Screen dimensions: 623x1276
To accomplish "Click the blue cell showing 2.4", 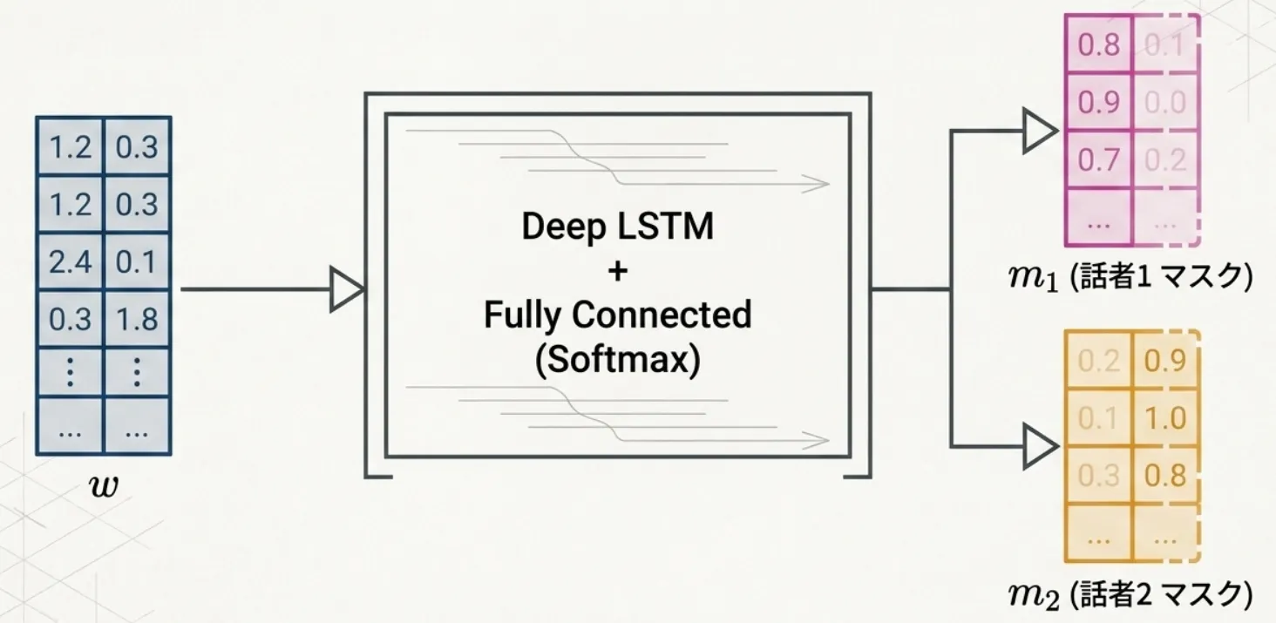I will pos(70,261).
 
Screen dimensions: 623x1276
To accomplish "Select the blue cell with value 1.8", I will pos(137,319).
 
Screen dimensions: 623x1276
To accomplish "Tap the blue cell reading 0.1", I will pos(137,261).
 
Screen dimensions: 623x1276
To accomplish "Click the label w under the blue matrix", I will pos(103,485).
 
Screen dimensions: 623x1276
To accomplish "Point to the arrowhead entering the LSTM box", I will pos(346,291).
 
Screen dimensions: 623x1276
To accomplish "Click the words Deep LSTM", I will pos(617,227).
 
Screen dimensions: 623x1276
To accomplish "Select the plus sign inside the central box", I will pos(617,272).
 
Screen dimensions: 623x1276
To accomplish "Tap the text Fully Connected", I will pos(617,315).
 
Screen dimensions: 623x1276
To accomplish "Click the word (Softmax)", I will pos(617,359).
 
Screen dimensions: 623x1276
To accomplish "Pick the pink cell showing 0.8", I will pos(1098,44).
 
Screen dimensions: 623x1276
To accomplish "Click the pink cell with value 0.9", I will pos(1098,102).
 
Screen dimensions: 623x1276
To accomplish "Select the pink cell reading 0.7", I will pos(1098,159).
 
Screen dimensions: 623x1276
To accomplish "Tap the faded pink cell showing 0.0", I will pos(1166,102).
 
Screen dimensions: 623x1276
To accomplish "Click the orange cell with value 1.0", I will pos(1166,418).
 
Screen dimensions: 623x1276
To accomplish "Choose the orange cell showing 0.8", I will pos(1166,476).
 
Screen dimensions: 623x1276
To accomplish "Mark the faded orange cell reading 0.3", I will pos(1098,476).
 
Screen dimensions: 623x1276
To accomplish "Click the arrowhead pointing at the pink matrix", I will pos(1040,132).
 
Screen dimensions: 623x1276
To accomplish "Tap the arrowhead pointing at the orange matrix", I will pos(1040,447).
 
